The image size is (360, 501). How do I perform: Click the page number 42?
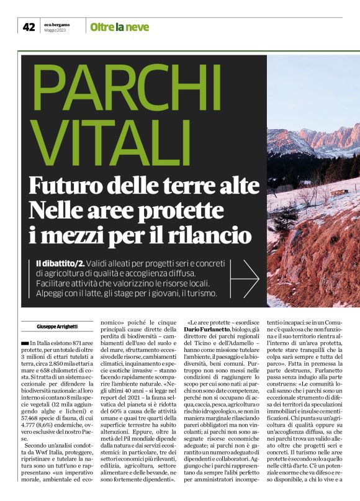tap(29, 26)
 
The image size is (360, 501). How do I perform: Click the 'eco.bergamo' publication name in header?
tap(56, 24)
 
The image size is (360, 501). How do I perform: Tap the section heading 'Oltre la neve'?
tap(119, 27)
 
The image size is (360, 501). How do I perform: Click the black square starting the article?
tap(24, 343)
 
